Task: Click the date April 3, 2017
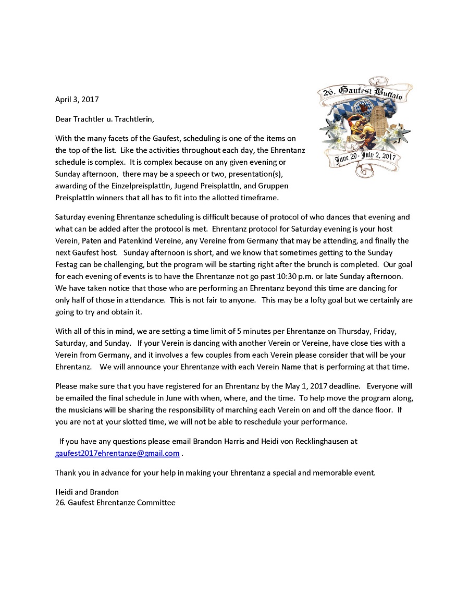pyautogui.click(x=77, y=99)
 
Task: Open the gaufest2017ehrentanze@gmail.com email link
pyautogui.click(x=117, y=453)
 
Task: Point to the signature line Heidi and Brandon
pyautogui.click(x=87, y=492)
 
